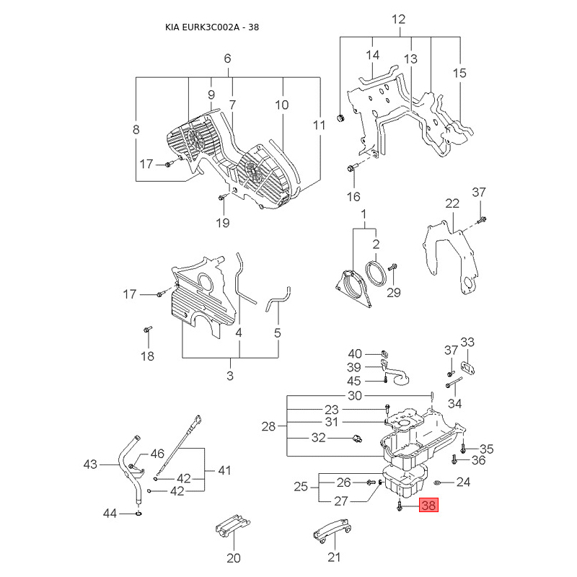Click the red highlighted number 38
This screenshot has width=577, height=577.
coord(428,506)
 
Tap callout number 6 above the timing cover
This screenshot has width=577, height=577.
coord(227,58)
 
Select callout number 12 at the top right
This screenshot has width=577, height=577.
coord(399,19)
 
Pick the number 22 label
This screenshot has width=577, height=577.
coord(452,203)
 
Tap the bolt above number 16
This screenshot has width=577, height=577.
coord(352,170)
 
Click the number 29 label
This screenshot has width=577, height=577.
coord(393,291)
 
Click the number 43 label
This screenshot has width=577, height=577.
coord(90,464)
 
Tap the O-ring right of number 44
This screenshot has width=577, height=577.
coord(138,514)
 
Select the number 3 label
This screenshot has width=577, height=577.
coord(230,375)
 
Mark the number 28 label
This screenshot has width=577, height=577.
coord(268,427)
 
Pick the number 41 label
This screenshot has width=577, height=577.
coord(224,470)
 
